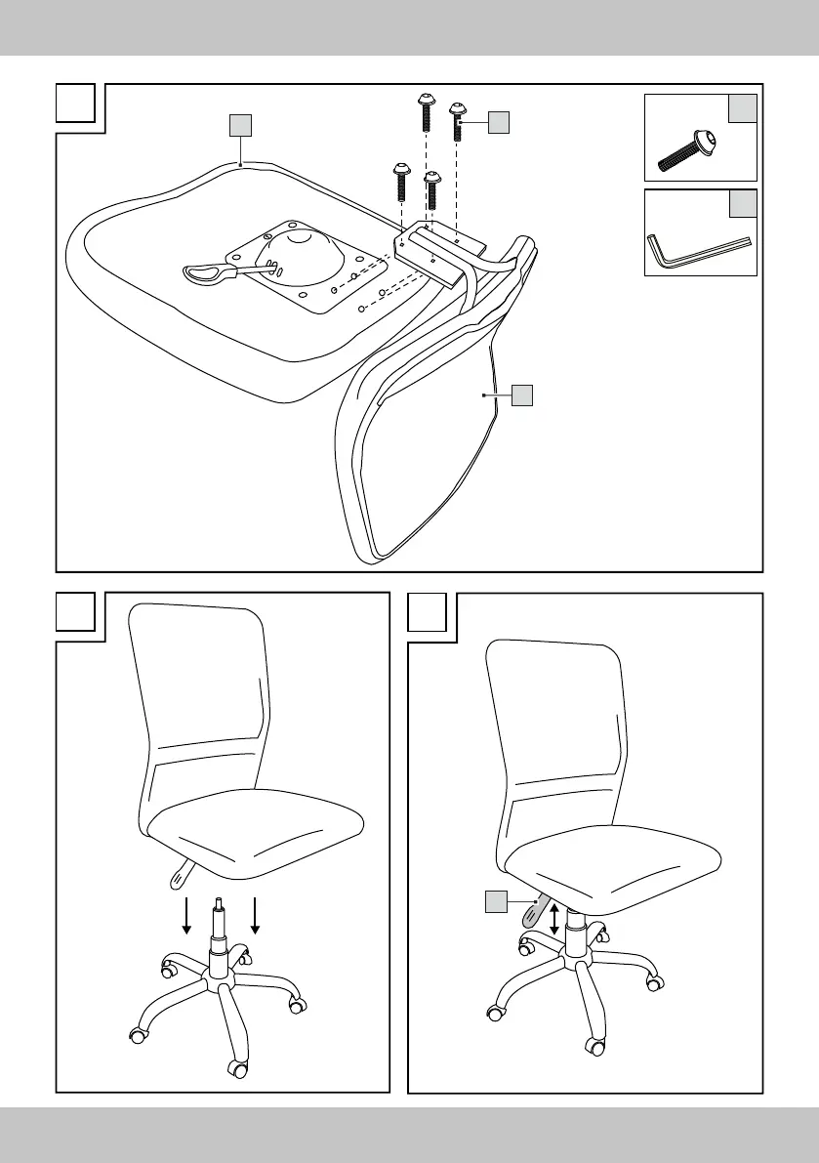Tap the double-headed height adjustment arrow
tap(554, 920)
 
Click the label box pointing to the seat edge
tap(240, 125)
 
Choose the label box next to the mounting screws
tap(498, 122)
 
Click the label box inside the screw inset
tap(742, 109)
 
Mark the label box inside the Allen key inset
tap(742, 203)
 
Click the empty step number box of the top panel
tap(75, 103)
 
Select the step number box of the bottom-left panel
tap(75, 612)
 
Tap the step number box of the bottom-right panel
tap(427, 612)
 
